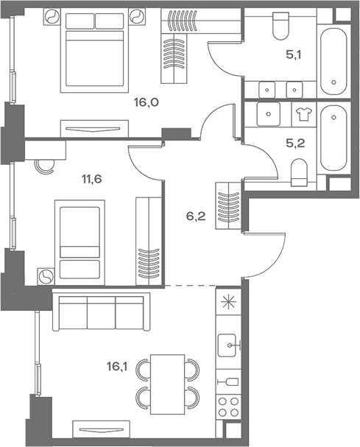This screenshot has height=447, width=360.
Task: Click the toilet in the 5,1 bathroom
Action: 280,27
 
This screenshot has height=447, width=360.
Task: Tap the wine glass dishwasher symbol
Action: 230,381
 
